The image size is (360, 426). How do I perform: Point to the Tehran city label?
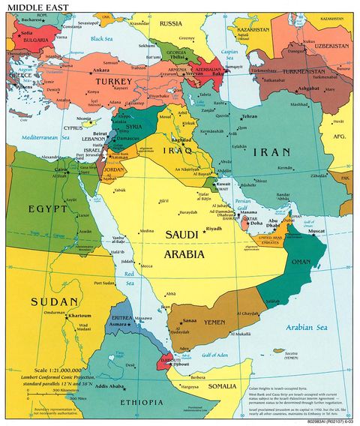coord(250,117)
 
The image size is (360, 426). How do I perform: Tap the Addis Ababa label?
coord(110,386)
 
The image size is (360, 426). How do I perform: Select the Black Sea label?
coord(100,37)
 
